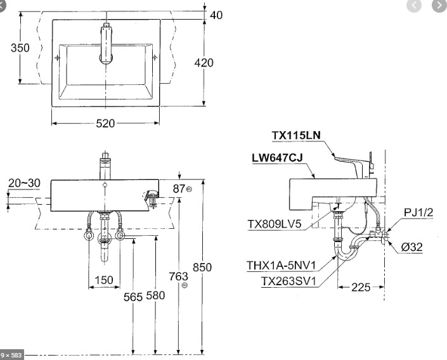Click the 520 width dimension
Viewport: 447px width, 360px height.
(x=105, y=124)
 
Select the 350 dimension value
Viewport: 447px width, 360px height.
(x=20, y=48)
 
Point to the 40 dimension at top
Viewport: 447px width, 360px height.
(x=216, y=15)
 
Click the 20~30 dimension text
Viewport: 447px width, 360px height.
(x=24, y=183)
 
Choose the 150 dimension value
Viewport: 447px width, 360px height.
(x=103, y=280)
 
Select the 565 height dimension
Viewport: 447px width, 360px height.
(x=133, y=295)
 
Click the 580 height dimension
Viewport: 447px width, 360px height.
(x=155, y=295)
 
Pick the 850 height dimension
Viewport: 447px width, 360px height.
(x=202, y=267)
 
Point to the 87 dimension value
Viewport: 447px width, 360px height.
(x=179, y=188)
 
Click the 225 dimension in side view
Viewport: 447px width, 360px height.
(x=361, y=287)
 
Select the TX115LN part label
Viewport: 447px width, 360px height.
(x=298, y=135)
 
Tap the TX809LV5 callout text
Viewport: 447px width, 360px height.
(x=275, y=222)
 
